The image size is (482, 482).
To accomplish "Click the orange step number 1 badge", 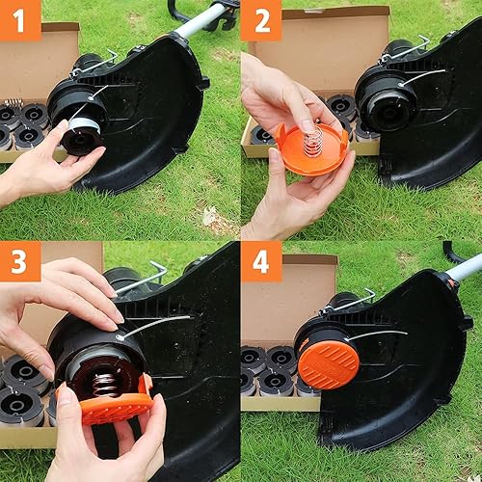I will pos(20,20).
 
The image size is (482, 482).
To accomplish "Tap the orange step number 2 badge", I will pos(261,20).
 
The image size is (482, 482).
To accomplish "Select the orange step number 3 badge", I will pos(20,261).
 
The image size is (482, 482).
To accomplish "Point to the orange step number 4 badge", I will pos(261,261).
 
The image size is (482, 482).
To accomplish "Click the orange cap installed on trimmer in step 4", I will pos(328,364).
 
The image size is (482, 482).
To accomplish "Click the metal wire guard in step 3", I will pos(145,280).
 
